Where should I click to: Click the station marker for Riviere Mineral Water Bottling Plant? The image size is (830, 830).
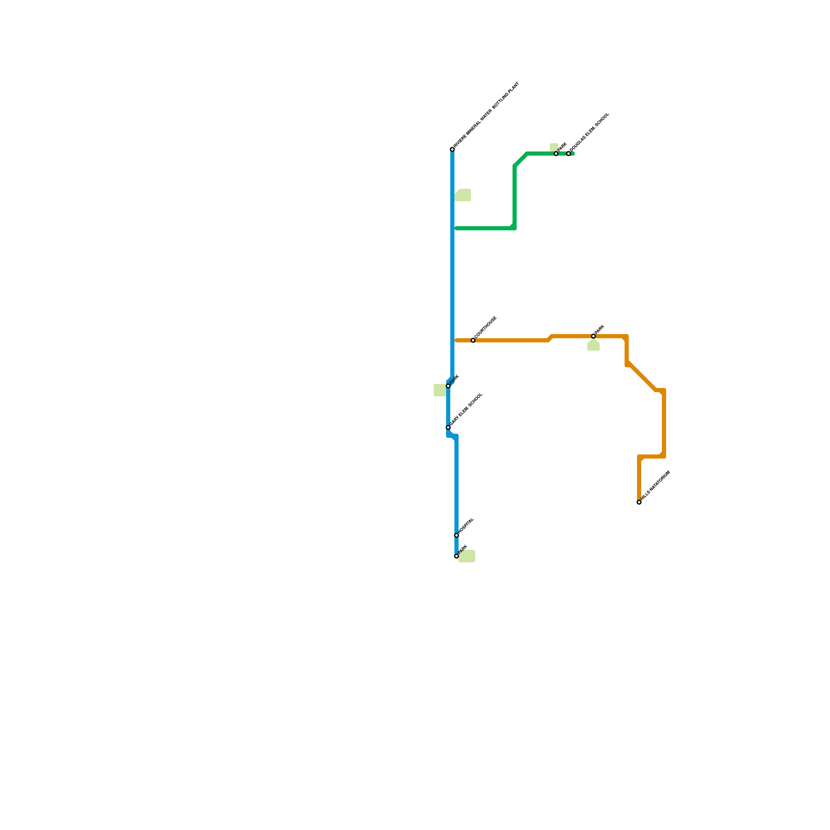coord(452,149)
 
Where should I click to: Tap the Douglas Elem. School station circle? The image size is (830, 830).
coord(569,154)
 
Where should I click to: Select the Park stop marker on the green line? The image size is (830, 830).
coord(556,154)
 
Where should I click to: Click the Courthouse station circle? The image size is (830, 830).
coord(473,340)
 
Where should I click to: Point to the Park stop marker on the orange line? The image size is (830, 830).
coord(593,336)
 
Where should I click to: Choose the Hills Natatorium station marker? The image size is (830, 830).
coord(639,502)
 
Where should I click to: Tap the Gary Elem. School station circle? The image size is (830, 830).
coord(448,427)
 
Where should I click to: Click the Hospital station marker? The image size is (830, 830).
coord(457,535)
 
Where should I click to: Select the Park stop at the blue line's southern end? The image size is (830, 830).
coord(457,556)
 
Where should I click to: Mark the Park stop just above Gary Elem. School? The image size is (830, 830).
coord(448,386)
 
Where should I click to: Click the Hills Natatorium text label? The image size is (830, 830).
coord(656,486)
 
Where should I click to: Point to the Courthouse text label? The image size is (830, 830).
coord(486,327)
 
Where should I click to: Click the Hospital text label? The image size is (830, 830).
coord(466,525)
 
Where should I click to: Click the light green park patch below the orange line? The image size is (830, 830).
coord(593,346)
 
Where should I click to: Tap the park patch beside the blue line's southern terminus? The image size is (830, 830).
coord(467,556)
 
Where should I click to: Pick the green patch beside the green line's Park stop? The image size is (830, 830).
coord(554,147)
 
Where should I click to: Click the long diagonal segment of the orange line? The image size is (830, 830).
coord(642,377)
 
